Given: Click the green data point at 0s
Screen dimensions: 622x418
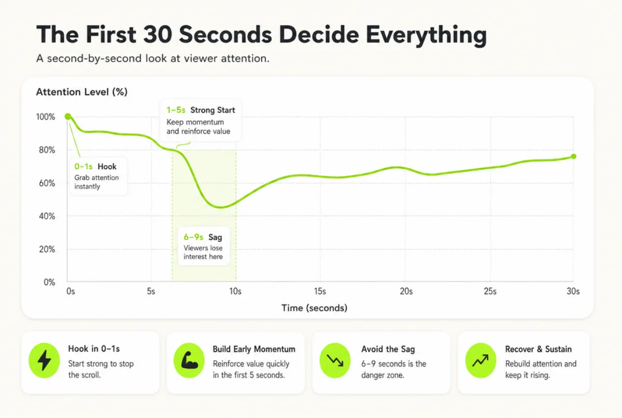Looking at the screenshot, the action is coord(68,117).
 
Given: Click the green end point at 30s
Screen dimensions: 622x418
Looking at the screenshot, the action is coord(573,156).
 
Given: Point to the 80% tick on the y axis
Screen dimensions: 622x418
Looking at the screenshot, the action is coord(47,150).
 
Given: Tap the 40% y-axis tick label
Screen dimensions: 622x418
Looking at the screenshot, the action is coord(47,216).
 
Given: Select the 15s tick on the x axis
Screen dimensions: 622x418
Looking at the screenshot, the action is coord(320,291).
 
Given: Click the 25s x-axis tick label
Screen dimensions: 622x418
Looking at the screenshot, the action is coord(490,291).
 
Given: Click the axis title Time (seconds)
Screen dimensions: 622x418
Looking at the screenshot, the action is coord(314,308).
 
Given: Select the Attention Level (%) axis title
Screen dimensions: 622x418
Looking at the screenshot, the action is coord(82,92).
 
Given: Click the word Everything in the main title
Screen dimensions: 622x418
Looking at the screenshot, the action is coord(426,35).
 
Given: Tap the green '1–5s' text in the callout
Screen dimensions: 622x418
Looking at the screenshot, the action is coord(176,110).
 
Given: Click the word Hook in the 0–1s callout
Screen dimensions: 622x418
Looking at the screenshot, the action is coord(107,167).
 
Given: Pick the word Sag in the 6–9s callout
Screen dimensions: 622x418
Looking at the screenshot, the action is coord(215,237).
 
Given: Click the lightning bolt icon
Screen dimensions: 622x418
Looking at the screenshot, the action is coord(44,361).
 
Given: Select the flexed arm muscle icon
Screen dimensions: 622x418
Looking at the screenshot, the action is coord(189,361).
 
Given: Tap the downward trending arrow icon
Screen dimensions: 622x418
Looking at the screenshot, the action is coord(335,361).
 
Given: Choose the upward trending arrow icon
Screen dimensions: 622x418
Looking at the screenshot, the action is coord(480,361).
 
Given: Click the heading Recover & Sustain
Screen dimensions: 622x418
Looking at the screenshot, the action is coord(539,349).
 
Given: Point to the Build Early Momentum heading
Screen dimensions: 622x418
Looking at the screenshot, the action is coord(254,349).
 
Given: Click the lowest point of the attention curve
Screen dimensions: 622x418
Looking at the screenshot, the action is coord(221,207).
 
